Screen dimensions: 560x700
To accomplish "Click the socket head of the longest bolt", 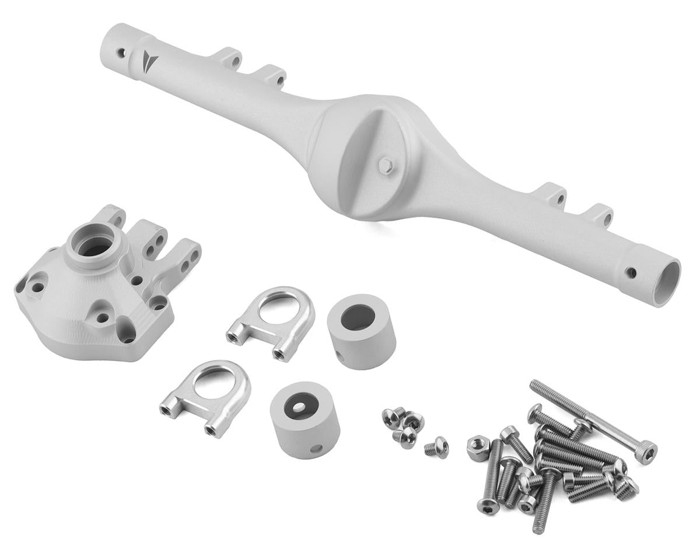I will tap(645, 453).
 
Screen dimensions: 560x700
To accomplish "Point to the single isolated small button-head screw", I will tap(436, 447).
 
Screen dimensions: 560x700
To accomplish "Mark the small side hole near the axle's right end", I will tap(630, 272).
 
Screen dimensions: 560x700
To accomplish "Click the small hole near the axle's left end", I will tap(121, 52).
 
